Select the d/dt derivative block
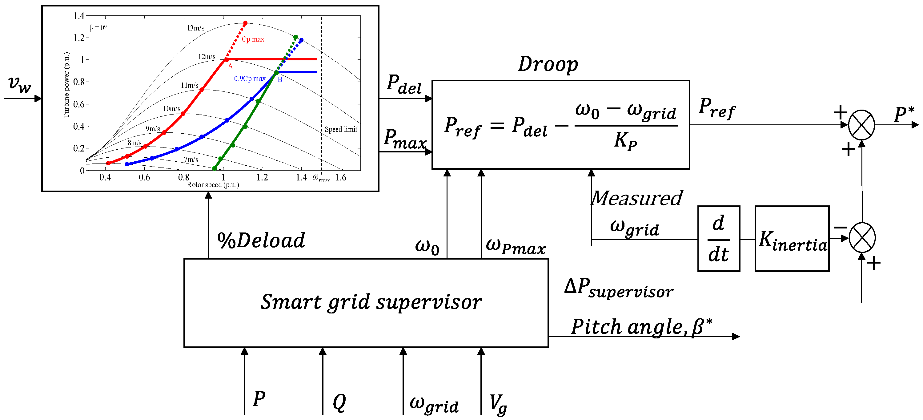click(x=718, y=239)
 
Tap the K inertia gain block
click(x=792, y=239)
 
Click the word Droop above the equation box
click(x=548, y=64)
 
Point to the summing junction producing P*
click(x=861, y=125)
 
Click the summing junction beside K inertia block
click(x=862, y=238)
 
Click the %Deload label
click(x=261, y=240)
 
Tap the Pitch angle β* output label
click(x=641, y=327)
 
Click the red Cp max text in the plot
click(x=253, y=39)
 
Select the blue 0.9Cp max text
click(x=250, y=79)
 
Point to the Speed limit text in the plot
click(x=341, y=129)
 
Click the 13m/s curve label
click(x=196, y=28)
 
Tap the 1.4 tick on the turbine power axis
click(x=79, y=16)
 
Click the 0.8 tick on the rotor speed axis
click(x=183, y=177)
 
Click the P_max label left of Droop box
click(x=405, y=139)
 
